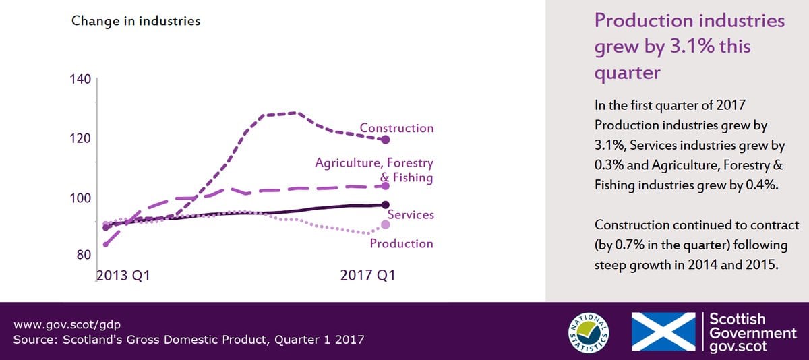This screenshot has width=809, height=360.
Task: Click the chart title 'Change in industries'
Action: (136, 21)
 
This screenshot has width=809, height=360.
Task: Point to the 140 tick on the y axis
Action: (80, 79)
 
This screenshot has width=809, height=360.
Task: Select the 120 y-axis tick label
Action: (80, 138)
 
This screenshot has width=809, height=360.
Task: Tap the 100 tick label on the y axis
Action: (80, 198)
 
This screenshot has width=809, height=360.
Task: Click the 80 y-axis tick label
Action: (84, 255)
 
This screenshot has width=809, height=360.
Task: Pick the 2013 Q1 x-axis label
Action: (123, 276)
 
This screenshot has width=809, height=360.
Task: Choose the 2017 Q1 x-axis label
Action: (368, 276)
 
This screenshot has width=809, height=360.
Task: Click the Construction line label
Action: (396, 128)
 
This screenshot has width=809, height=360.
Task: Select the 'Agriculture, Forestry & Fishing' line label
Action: (374, 170)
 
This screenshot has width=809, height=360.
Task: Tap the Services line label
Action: (411, 215)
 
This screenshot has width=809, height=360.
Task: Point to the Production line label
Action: (402, 244)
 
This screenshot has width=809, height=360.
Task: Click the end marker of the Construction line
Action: (386, 140)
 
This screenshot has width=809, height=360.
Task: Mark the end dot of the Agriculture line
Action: (386, 186)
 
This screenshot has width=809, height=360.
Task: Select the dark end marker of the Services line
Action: (386, 205)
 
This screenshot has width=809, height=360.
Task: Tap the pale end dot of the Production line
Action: (386, 224)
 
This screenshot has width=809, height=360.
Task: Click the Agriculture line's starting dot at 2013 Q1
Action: (106, 245)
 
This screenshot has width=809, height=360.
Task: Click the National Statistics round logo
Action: (589, 332)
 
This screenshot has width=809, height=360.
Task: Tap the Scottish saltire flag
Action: (663, 332)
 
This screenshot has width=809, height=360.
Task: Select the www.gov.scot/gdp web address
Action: (67, 325)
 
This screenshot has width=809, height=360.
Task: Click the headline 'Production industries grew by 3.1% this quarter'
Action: (690, 47)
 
